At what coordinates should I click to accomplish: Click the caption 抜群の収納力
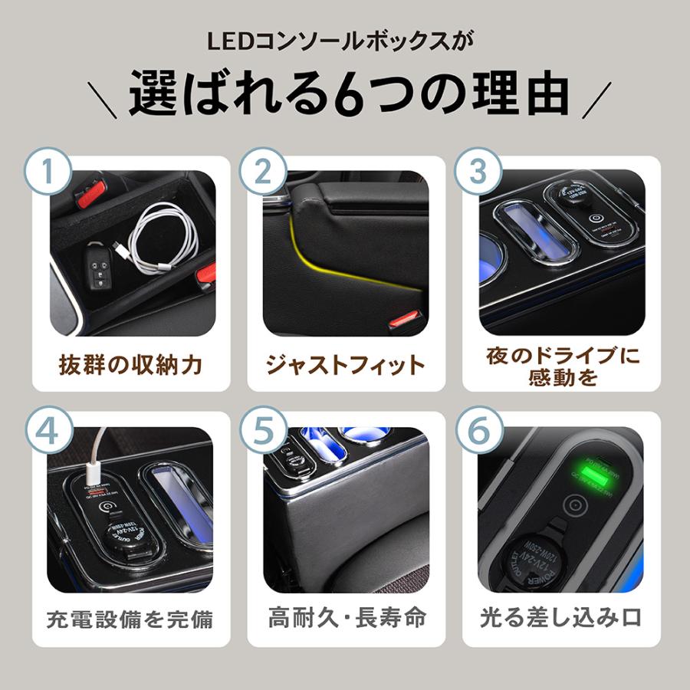point(131,365)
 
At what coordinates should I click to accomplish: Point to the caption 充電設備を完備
point(131,619)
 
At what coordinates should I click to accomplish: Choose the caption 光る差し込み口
point(560,617)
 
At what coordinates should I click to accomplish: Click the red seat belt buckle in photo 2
point(405,318)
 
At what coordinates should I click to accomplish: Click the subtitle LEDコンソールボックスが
point(345,41)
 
